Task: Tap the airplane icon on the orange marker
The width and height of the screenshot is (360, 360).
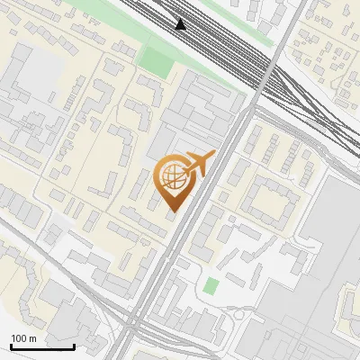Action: tap(198, 164)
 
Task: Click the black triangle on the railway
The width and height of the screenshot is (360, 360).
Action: tap(181, 24)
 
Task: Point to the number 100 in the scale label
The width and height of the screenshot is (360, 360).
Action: tap(20, 338)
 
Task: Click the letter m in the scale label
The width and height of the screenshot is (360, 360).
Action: tap(33, 338)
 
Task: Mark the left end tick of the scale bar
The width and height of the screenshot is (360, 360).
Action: tap(10, 346)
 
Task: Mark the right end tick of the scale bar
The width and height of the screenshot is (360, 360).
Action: tap(74, 346)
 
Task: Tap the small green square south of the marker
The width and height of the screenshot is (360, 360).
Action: tap(211, 286)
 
